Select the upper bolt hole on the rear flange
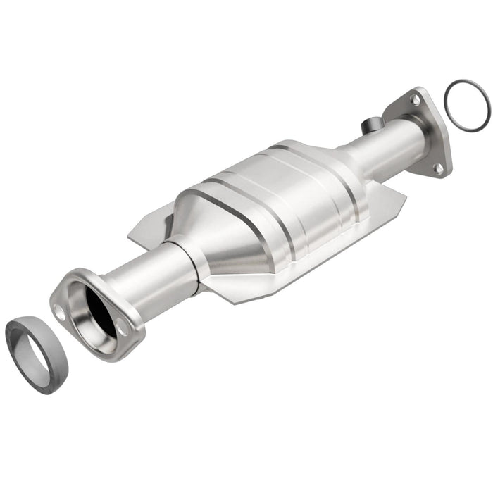(416, 101)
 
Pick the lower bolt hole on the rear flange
(437, 168)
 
